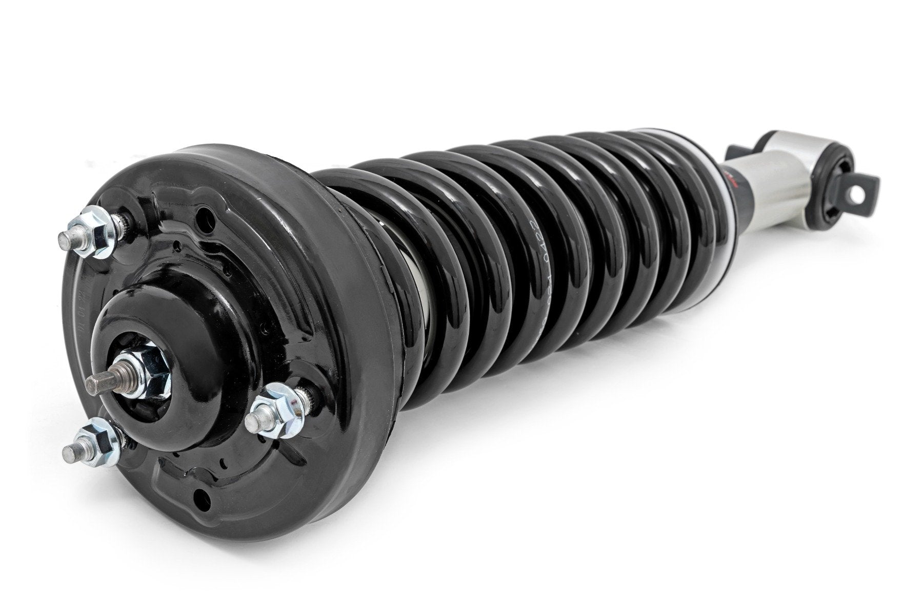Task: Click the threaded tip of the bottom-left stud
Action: [70, 453]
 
